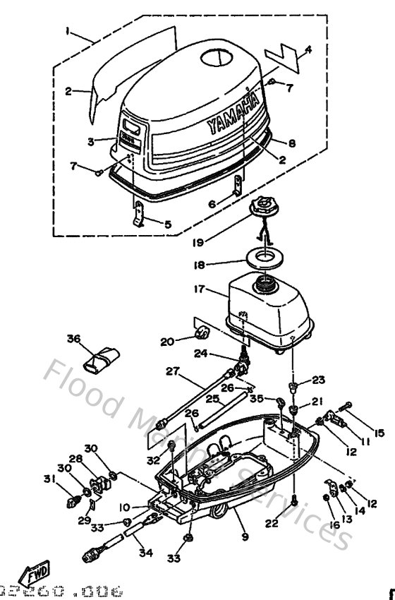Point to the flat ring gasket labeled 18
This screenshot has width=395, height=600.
pyautogui.click(x=266, y=255)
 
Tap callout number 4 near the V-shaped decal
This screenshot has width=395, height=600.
pyautogui.click(x=308, y=49)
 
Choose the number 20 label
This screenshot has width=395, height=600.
pyautogui.click(x=166, y=342)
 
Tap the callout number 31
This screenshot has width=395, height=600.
pyautogui.click(x=48, y=480)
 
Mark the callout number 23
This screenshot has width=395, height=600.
pyautogui.click(x=318, y=380)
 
